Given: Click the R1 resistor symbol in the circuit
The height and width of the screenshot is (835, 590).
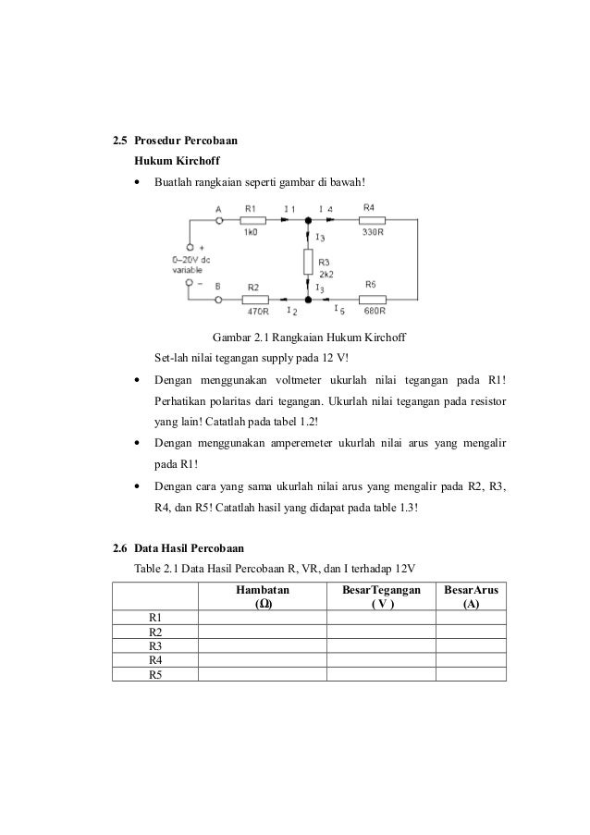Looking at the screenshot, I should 252,220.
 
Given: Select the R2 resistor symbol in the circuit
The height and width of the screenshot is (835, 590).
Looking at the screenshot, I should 254,299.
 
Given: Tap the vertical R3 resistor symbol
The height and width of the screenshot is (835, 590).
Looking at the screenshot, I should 309,260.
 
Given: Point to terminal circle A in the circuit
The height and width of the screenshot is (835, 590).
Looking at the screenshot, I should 219,220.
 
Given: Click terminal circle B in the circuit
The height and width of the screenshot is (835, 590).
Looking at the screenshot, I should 219,299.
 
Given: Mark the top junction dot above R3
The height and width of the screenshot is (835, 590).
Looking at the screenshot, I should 309,220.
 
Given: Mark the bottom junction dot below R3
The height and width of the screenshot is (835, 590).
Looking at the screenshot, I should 309,299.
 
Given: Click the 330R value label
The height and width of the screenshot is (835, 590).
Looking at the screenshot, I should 373,233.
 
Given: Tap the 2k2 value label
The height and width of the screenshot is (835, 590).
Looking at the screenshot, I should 325,275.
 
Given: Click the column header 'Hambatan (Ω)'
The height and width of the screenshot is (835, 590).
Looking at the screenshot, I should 262,596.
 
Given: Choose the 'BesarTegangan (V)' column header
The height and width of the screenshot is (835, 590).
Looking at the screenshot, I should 380,596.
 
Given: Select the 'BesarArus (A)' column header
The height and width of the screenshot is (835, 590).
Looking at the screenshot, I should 471,596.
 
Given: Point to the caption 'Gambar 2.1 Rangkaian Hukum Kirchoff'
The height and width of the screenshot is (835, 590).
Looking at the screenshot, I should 310,338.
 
